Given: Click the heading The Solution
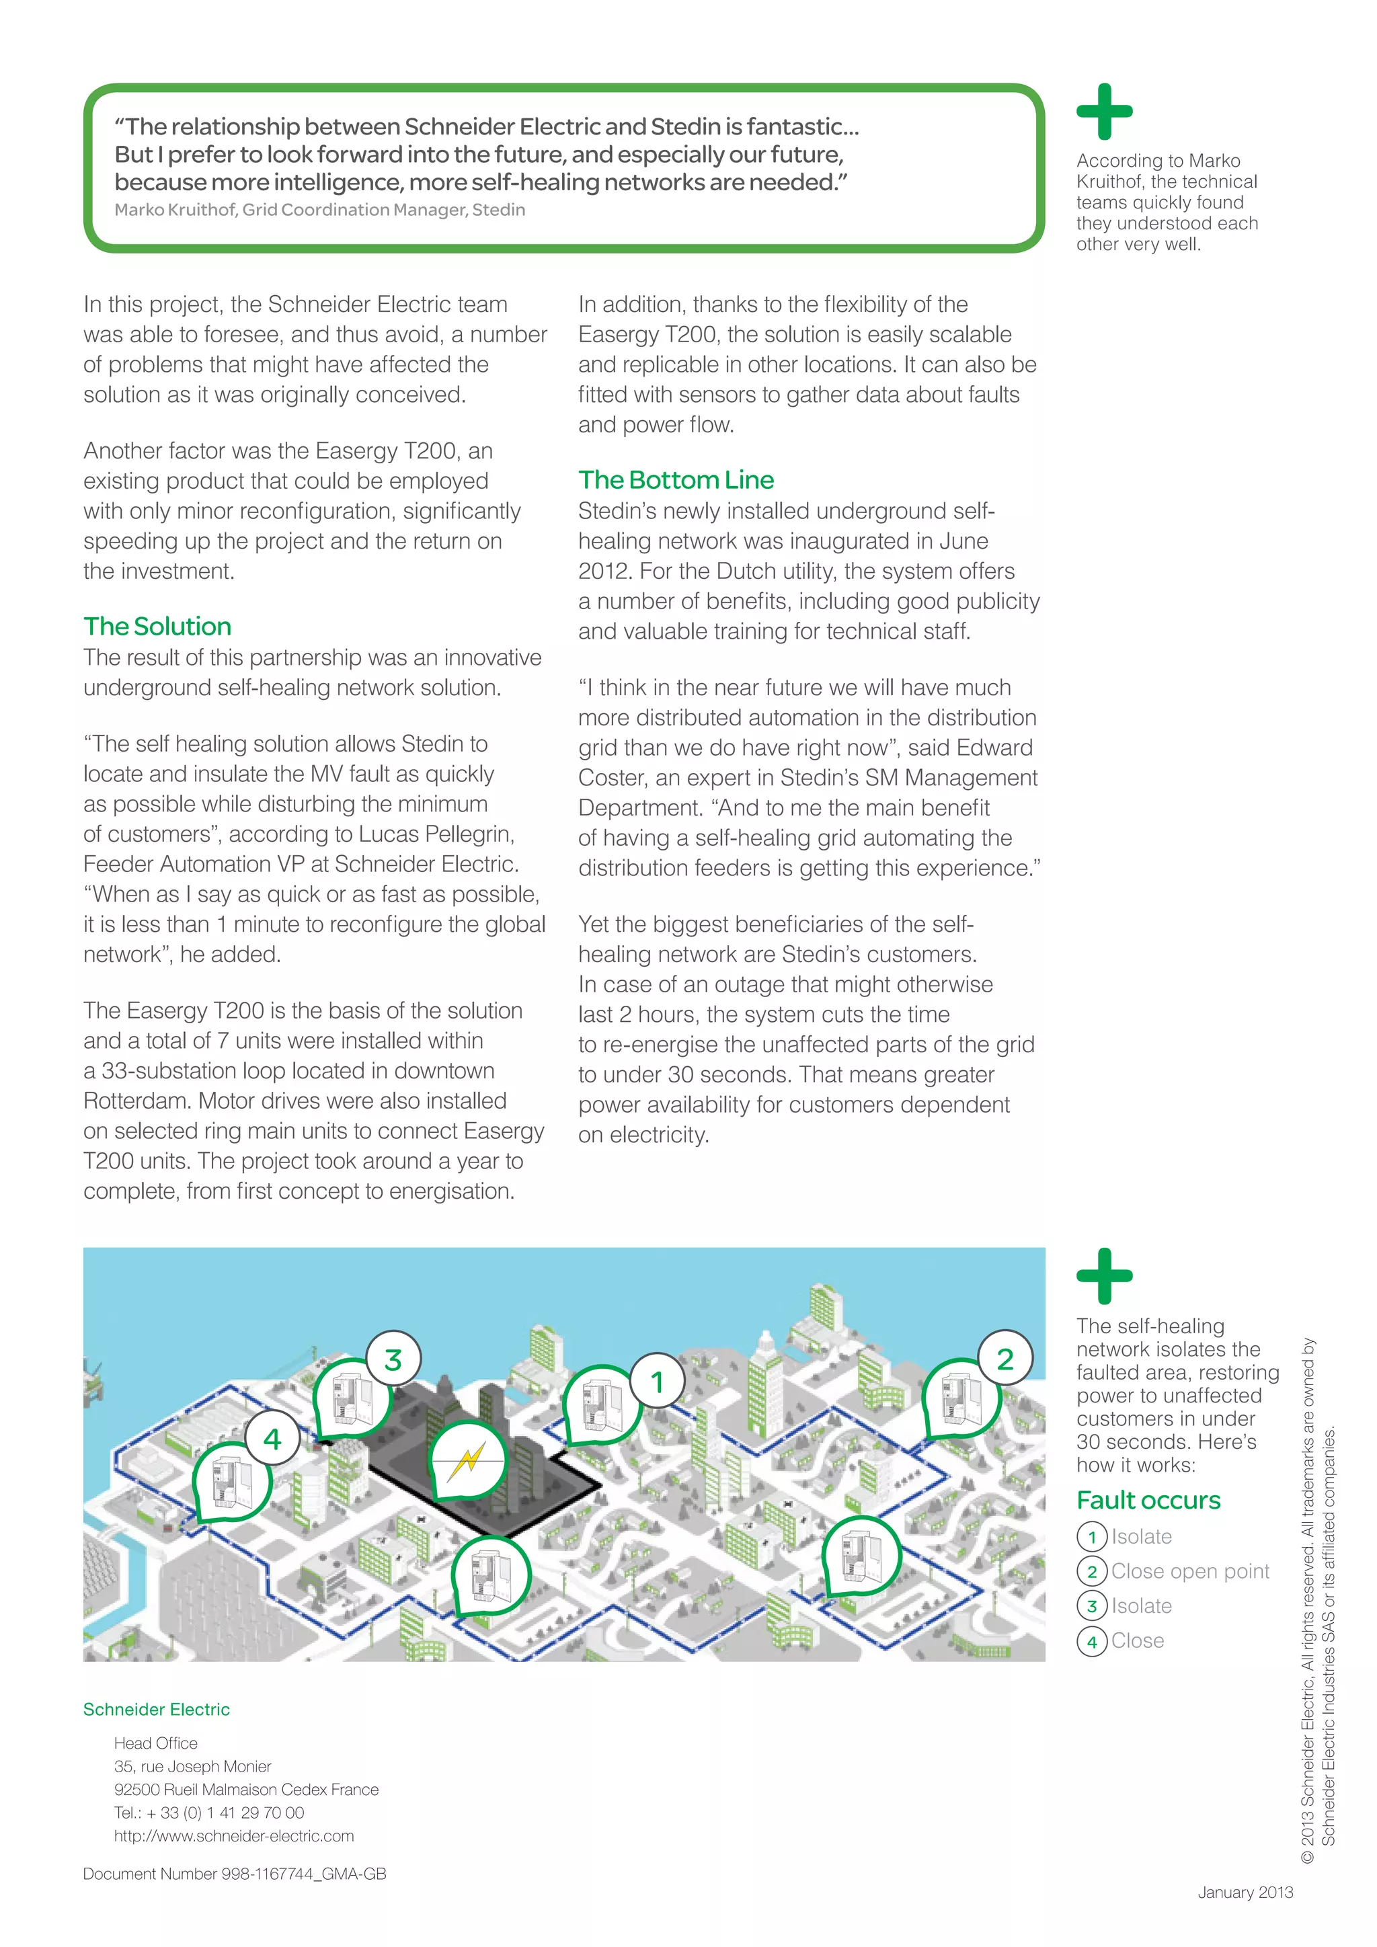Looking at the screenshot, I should [158, 627].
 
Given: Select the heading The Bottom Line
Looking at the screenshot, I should [676, 480].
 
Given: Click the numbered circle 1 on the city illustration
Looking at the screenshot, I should [657, 1382].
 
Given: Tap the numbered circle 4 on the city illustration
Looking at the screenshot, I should [272, 1439].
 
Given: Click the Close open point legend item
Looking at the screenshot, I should [1189, 1571].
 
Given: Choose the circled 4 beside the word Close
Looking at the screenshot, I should [1092, 1642].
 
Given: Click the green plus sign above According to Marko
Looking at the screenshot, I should [1104, 112].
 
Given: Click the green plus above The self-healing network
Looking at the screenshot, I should [1104, 1276].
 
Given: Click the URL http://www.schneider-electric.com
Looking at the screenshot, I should [234, 1836].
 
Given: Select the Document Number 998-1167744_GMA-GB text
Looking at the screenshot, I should [235, 1874].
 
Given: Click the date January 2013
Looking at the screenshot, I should [1245, 1893].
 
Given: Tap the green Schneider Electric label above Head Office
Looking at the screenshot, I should [156, 1710].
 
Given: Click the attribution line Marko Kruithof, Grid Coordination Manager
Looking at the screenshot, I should [319, 210].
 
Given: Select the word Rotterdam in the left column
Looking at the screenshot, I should [136, 1101].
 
